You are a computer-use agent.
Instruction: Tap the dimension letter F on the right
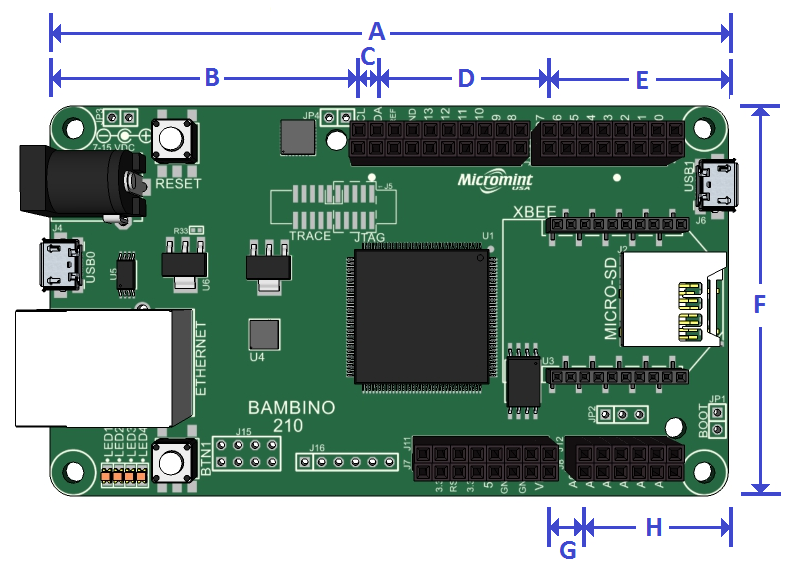(x=760, y=305)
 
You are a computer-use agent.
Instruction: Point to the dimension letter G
(x=567, y=549)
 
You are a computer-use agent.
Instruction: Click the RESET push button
(x=175, y=138)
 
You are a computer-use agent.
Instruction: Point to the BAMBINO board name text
(x=291, y=408)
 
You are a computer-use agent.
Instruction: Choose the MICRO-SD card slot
(x=671, y=298)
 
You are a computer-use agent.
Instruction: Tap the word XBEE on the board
(x=527, y=212)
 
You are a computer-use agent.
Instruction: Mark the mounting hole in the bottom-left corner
(x=74, y=469)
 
